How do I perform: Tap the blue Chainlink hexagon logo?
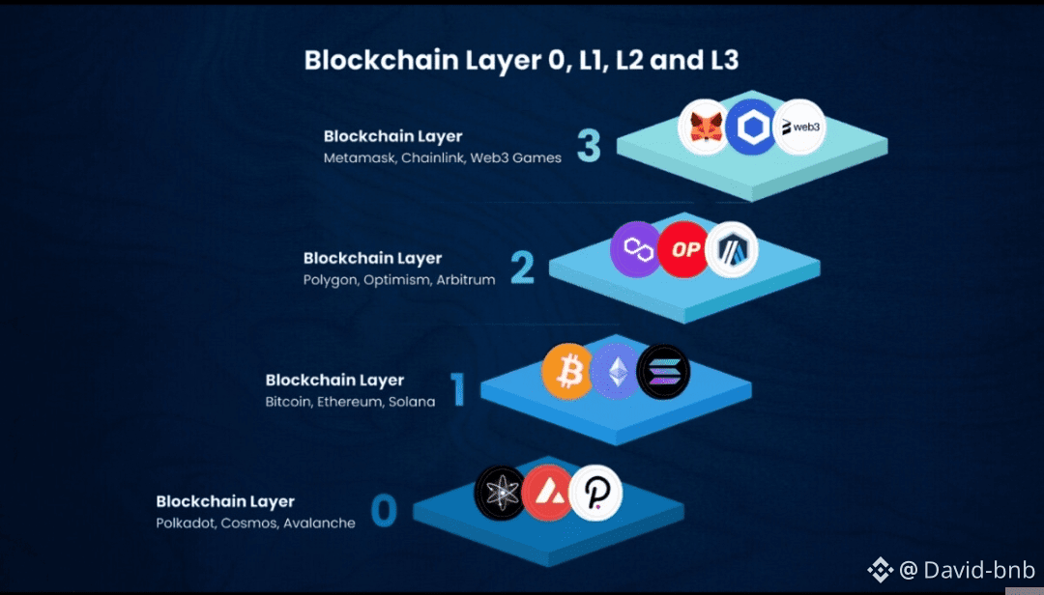(x=751, y=127)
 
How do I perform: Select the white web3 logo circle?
(x=799, y=127)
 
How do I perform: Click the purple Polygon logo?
(x=636, y=249)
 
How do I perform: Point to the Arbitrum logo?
(x=732, y=249)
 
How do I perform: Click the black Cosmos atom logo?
(x=500, y=494)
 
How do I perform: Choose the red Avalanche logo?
(x=548, y=494)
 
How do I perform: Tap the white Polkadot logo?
(x=595, y=494)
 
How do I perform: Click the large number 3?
(x=589, y=146)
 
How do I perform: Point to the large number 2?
(x=522, y=268)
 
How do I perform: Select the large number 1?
(x=458, y=389)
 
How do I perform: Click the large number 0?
(x=384, y=511)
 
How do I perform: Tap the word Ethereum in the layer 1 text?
(x=350, y=401)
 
